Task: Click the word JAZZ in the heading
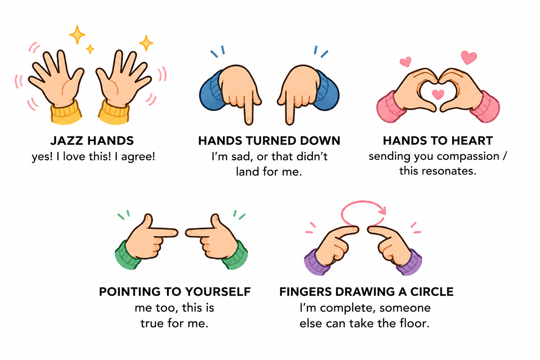pyautogui.click(x=66, y=141)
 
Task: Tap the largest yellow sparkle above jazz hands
pyautogui.click(x=77, y=35)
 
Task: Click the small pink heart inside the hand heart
pyautogui.click(x=438, y=94)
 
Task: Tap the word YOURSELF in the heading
pyautogui.click(x=218, y=292)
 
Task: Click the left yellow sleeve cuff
pyautogui.click(x=66, y=113)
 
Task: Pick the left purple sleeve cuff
pyautogui.click(x=316, y=263)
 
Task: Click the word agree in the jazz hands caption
pyautogui.click(x=138, y=157)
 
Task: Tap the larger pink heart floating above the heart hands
pyautogui.click(x=469, y=57)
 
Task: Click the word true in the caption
pyautogui.click(x=153, y=323)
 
